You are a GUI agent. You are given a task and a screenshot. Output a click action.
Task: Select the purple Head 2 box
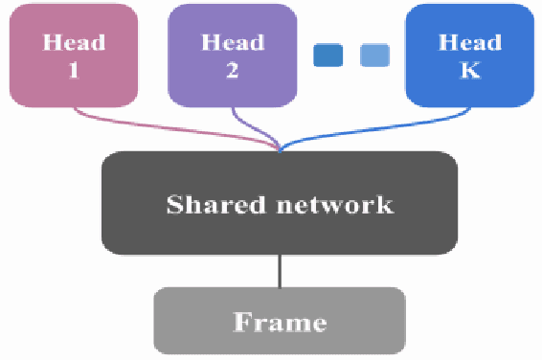[233, 56]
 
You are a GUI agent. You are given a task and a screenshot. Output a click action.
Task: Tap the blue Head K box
[469, 56]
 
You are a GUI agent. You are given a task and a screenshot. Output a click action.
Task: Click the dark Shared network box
[280, 203]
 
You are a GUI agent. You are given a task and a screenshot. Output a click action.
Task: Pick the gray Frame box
[280, 321]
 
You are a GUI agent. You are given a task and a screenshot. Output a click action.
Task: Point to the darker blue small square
[328, 55]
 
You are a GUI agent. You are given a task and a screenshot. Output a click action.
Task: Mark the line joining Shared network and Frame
[280, 271]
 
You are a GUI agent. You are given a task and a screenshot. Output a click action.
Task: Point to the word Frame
[280, 322]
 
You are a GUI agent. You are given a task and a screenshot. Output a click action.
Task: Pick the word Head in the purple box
[233, 42]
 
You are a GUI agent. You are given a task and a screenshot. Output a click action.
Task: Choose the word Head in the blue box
[469, 42]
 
